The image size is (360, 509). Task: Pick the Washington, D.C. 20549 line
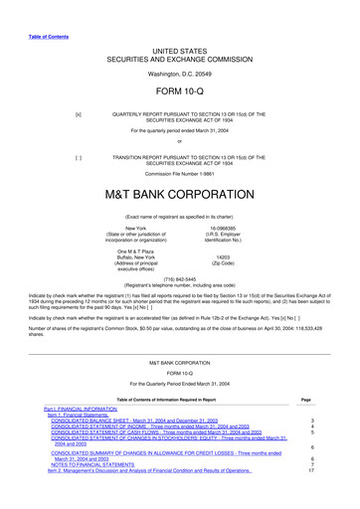[x=180, y=74]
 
